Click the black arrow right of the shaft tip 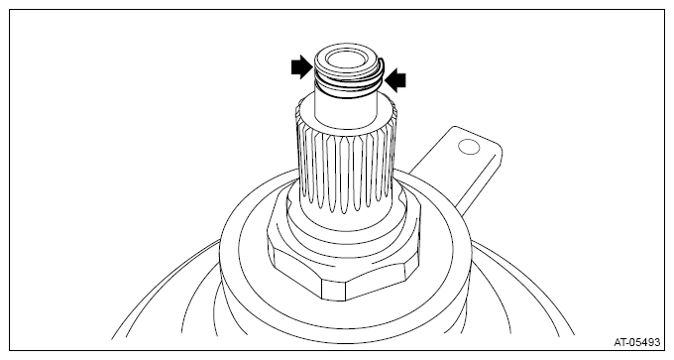point(395,80)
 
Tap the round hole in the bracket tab point(469,147)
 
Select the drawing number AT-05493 point(636,342)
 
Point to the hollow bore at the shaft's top point(345,58)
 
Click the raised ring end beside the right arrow point(382,68)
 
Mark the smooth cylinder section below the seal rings point(346,110)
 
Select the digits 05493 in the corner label point(644,342)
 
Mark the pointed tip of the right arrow point(386,80)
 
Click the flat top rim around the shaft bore point(345,58)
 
